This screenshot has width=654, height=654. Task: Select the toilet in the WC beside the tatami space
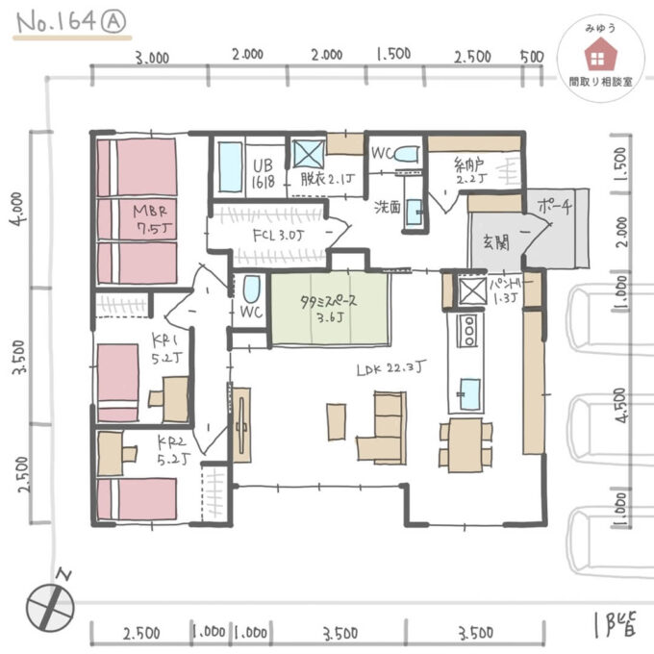251,289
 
